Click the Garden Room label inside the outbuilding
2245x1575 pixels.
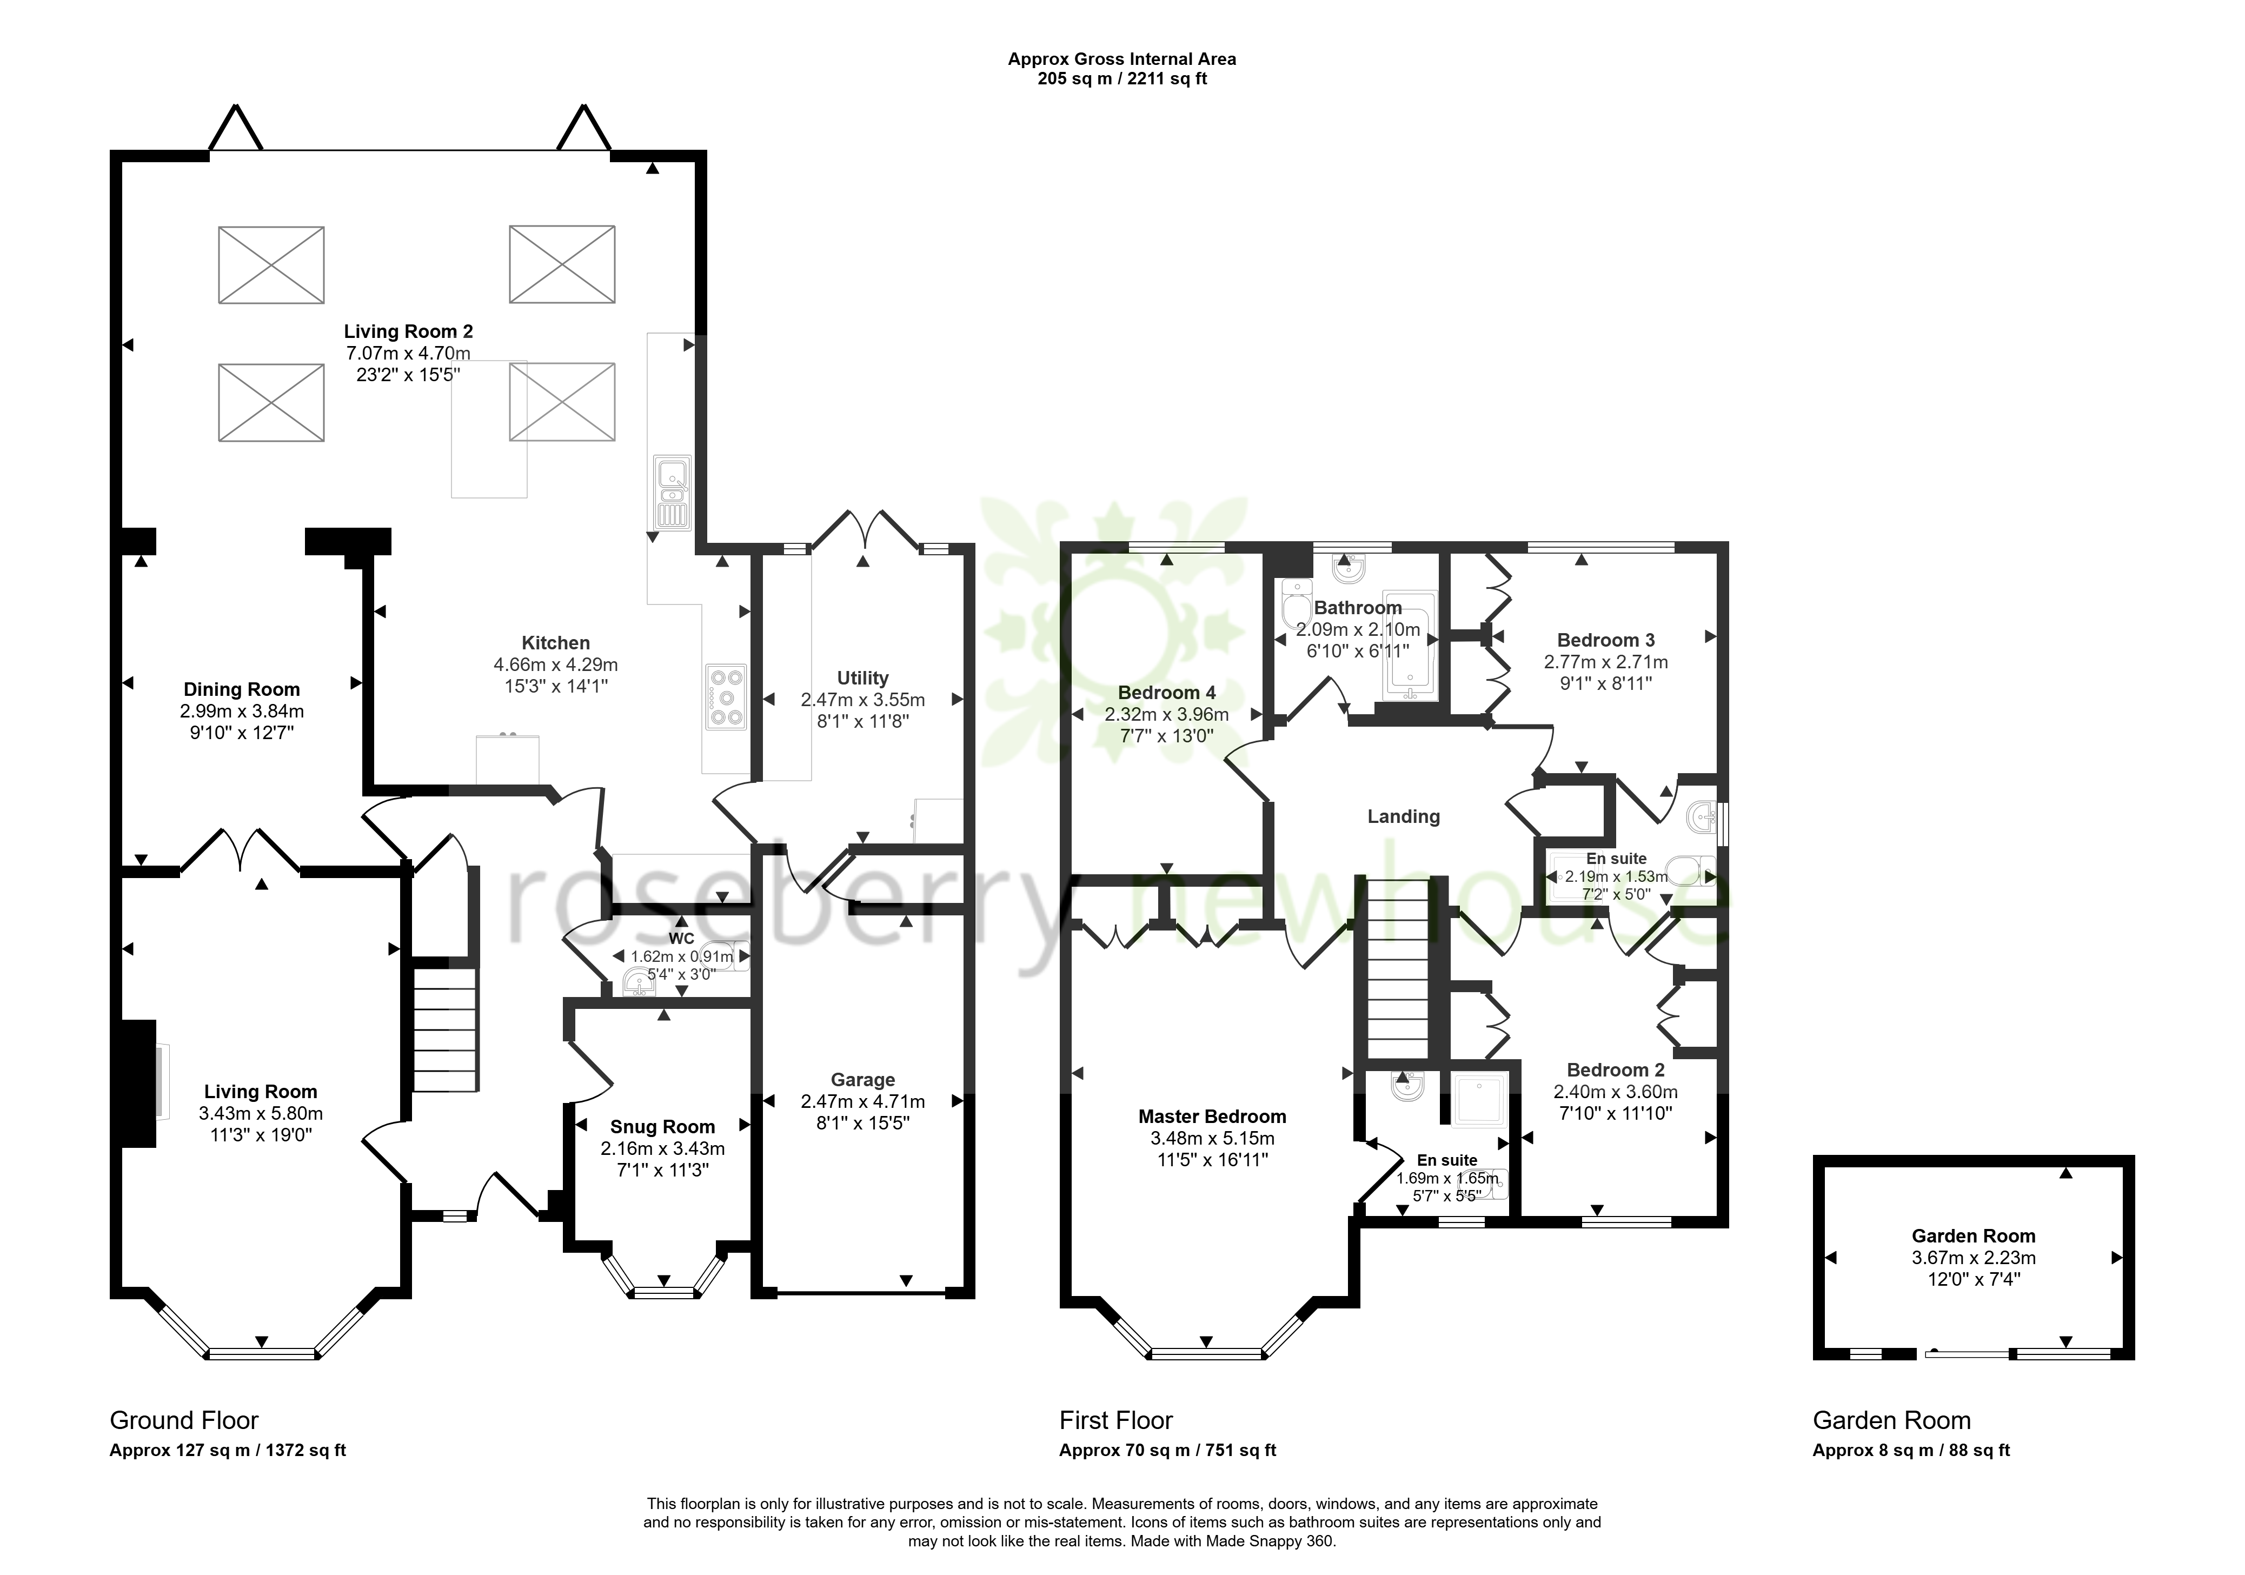click(x=1973, y=1236)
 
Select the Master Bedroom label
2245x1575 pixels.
click(x=1212, y=1117)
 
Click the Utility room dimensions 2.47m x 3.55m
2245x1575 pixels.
click(x=862, y=700)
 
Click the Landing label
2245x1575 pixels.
click(x=1403, y=816)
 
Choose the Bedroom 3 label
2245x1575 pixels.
click(x=1605, y=640)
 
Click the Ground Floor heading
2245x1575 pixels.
click(x=184, y=1420)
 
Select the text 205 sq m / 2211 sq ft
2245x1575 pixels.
click(x=1122, y=79)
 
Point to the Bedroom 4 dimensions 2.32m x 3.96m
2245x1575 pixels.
click(x=1166, y=715)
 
